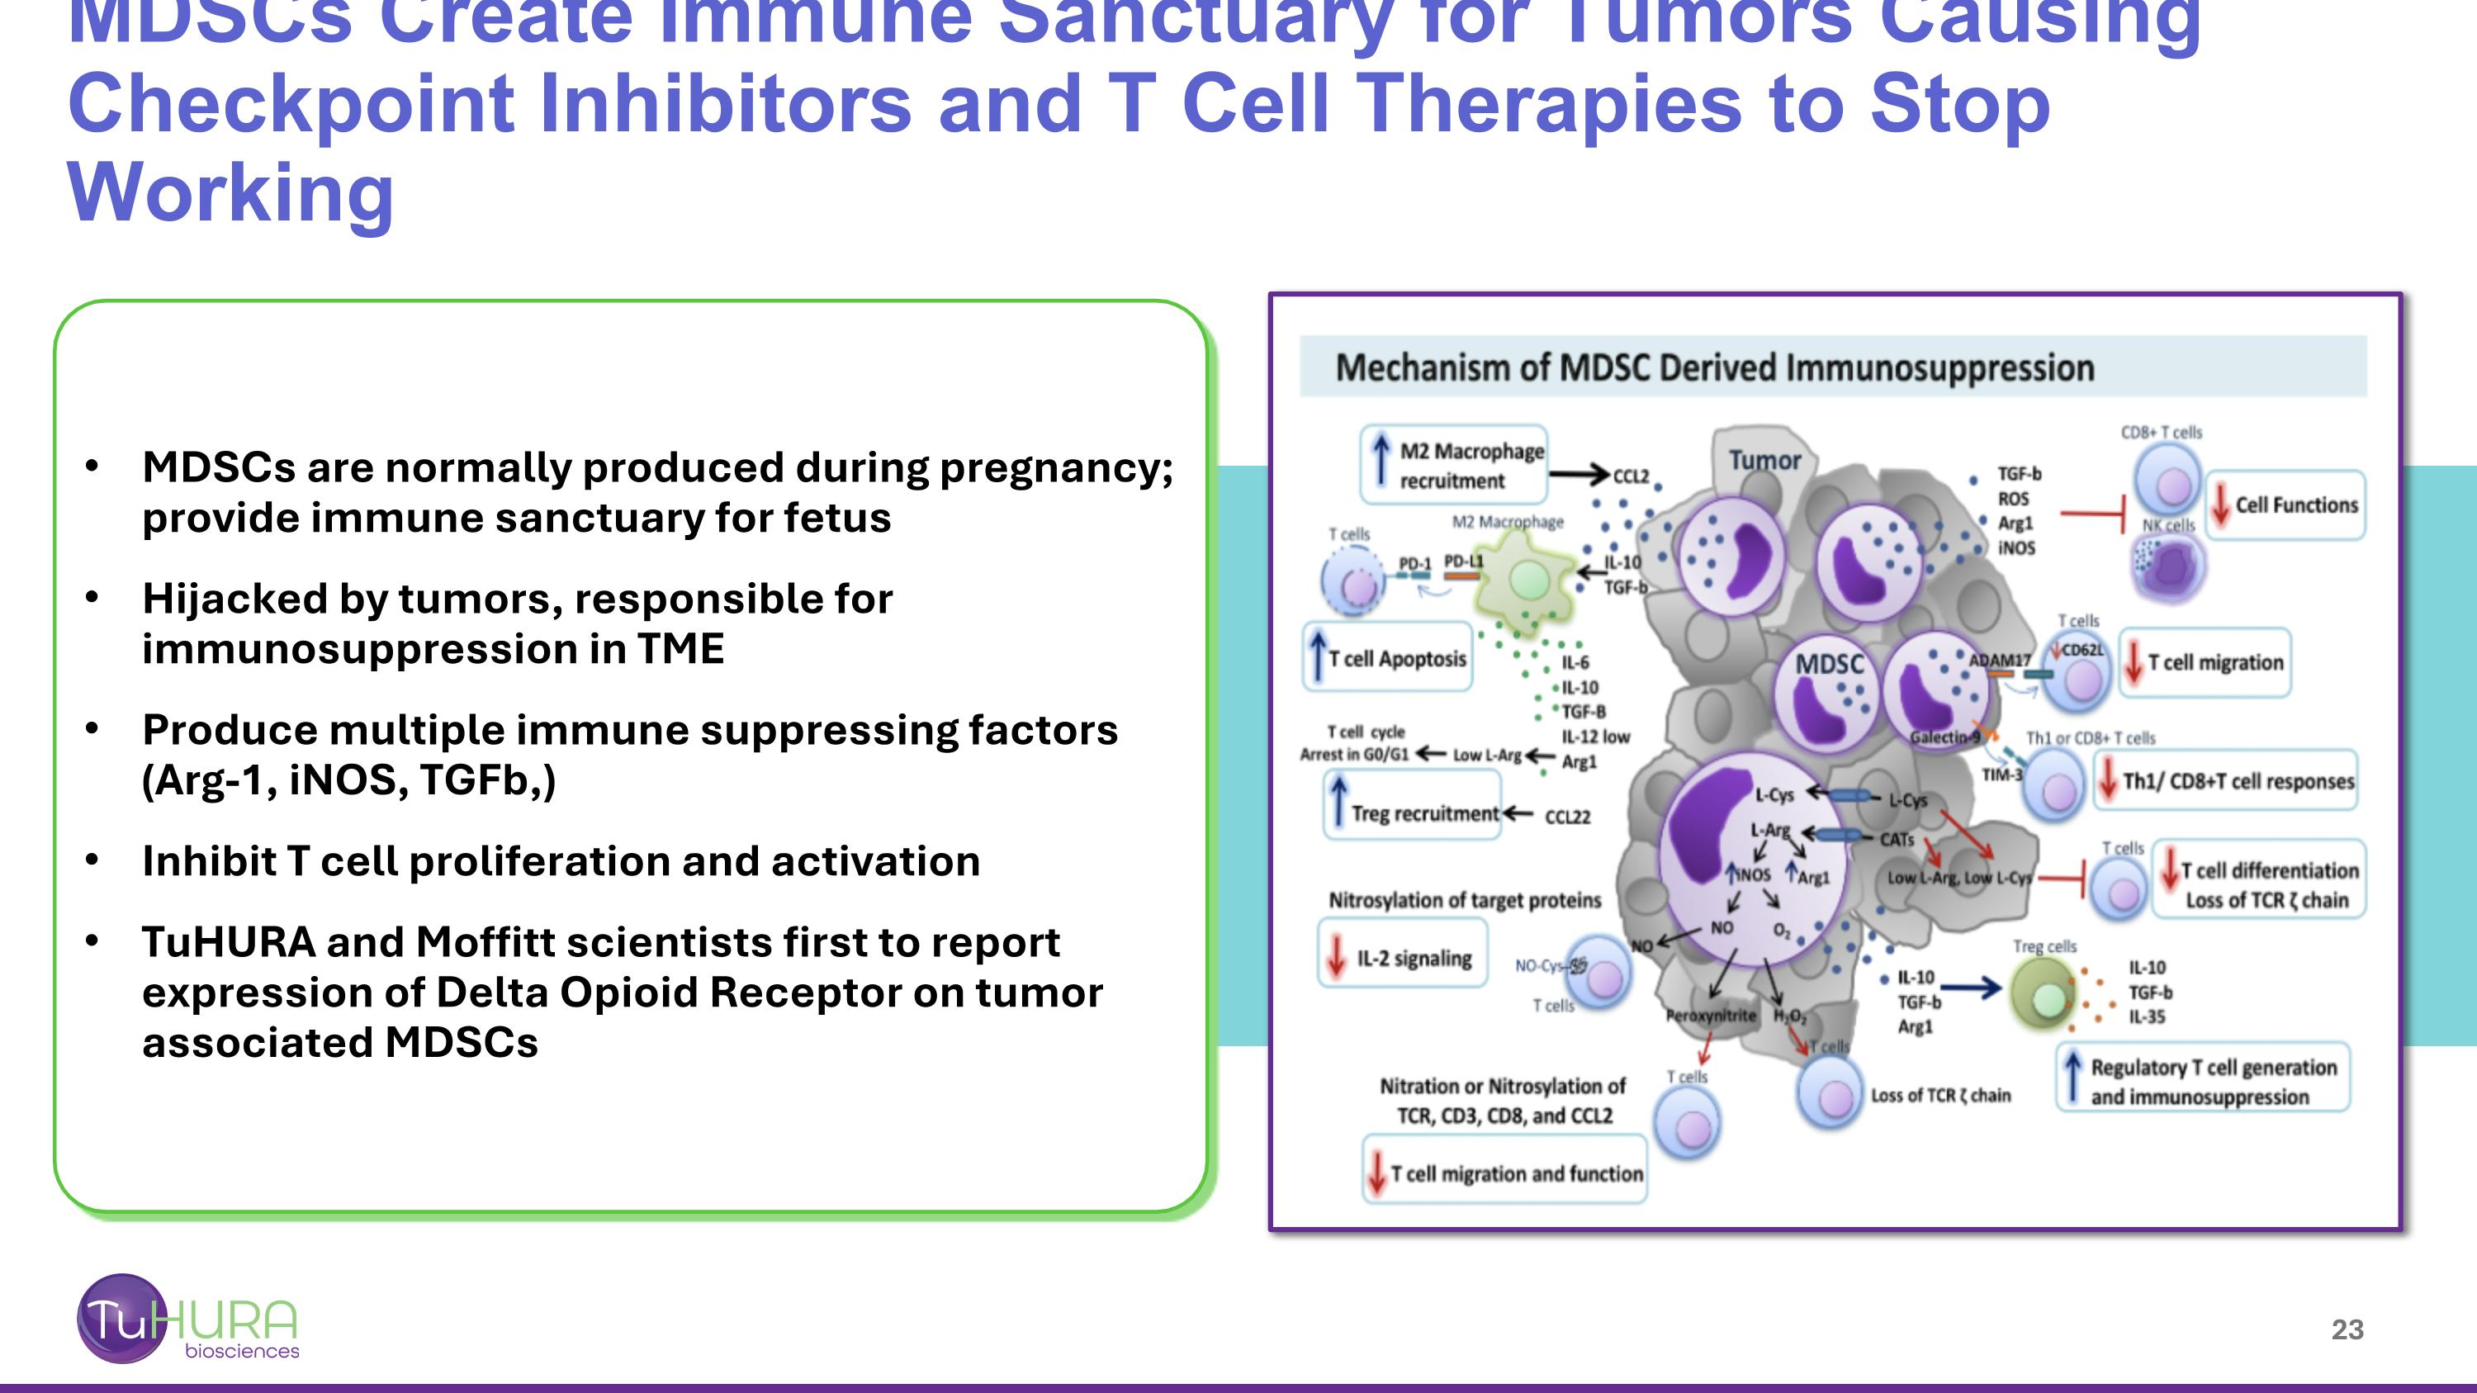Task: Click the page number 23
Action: [x=2347, y=1329]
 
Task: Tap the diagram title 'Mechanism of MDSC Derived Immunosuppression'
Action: [x=1714, y=368]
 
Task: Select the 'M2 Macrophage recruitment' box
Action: [x=1454, y=465]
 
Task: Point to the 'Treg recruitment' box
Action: [x=1413, y=813]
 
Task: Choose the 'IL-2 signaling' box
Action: [x=1402, y=959]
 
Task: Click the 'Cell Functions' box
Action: [x=2285, y=505]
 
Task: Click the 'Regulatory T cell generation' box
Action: [x=2203, y=1082]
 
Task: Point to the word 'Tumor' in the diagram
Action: [x=1764, y=461]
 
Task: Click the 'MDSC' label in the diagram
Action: [x=1829, y=664]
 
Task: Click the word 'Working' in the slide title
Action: [x=231, y=192]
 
